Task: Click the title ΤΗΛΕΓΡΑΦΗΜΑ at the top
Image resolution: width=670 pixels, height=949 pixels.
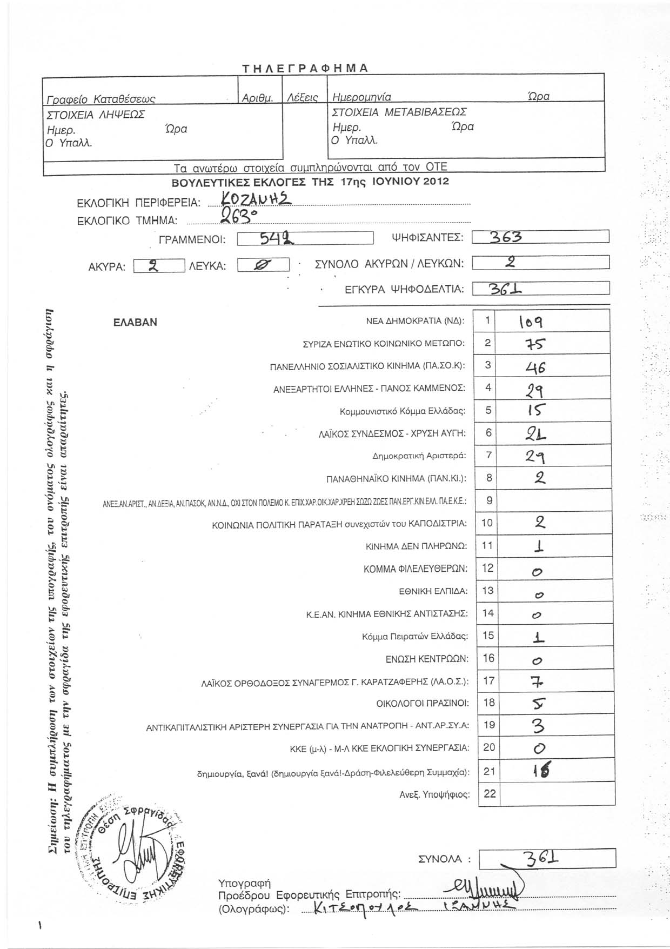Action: (x=305, y=68)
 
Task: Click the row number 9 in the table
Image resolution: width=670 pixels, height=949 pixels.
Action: (x=489, y=500)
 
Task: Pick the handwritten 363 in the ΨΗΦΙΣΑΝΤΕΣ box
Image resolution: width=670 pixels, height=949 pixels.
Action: (x=505, y=237)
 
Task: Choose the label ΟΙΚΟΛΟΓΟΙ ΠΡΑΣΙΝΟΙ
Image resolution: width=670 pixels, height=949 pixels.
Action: (x=423, y=704)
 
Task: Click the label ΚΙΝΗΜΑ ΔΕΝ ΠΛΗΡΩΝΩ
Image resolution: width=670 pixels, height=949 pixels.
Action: (x=417, y=546)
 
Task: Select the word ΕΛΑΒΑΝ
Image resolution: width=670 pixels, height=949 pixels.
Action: (x=135, y=322)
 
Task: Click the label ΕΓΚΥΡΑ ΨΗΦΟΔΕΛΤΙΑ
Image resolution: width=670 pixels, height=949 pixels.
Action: (x=405, y=290)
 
